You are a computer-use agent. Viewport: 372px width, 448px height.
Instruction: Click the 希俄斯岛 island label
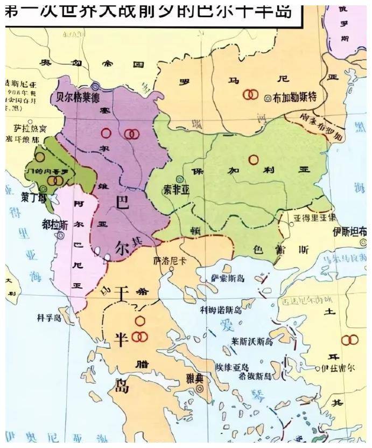pyautogui.click(x=256, y=375)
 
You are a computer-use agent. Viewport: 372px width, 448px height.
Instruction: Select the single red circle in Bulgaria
pyautogui.click(x=253, y=159)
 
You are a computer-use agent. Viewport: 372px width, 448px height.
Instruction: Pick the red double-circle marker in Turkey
pyautogui.click(x=349, y=340)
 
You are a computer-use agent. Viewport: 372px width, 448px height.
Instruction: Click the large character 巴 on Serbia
pyautogui.click(x=123, y=202)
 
